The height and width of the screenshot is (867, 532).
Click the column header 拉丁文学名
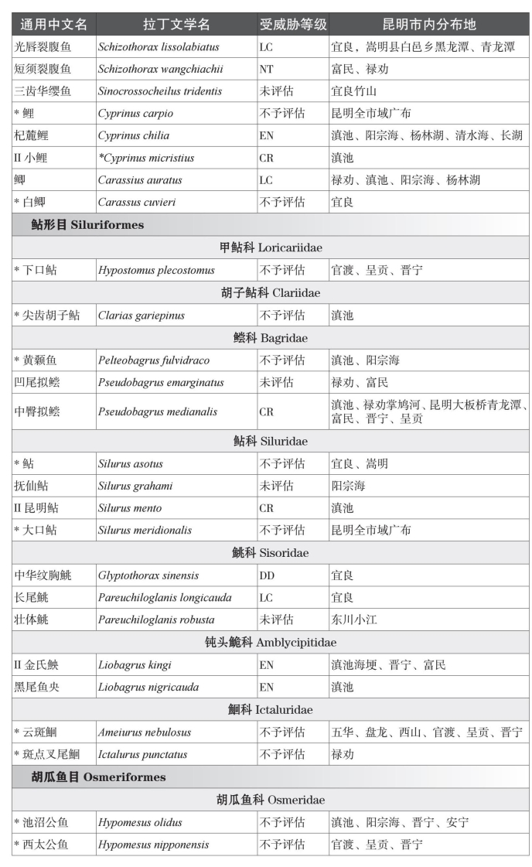click(x=176, y=24)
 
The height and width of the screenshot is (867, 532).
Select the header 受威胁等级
click(x=292, y=24)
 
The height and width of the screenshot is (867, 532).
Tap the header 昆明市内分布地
click(x=428, y=24)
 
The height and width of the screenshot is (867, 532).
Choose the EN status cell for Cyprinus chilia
click(x=268, y=135)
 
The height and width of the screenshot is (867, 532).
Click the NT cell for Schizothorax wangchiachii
click(x=267, y=69)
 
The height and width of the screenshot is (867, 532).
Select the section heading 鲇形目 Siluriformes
click(x=87, y=225)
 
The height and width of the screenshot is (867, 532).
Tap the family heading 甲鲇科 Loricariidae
click(x=271, y=247)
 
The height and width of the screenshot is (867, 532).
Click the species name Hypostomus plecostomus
click(x=156, y=271)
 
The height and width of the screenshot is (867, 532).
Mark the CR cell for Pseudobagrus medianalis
click(x=267, y=411)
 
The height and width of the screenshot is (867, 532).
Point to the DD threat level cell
click(x=267, y=575)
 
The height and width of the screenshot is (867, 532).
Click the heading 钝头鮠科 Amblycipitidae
click(x=271, y=642)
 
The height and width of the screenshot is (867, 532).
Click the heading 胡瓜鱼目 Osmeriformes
click(x=98, y=777)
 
